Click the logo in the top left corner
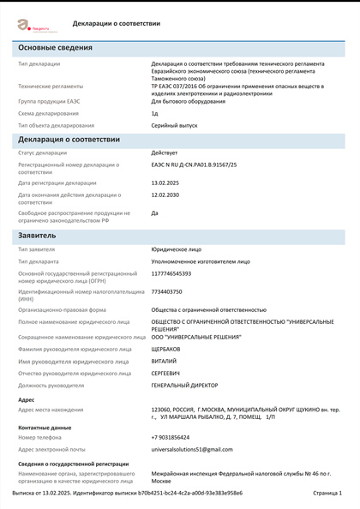pos(32,25)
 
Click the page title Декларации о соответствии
pos(117,24)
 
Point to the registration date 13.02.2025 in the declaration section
pos(166,182)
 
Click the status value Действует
pos(165,153)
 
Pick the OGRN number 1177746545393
pos(171,273)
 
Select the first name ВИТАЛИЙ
pos(165,361)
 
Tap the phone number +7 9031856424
pos(171,436)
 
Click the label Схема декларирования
pos(48,113)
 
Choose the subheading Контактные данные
pos(45,426)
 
